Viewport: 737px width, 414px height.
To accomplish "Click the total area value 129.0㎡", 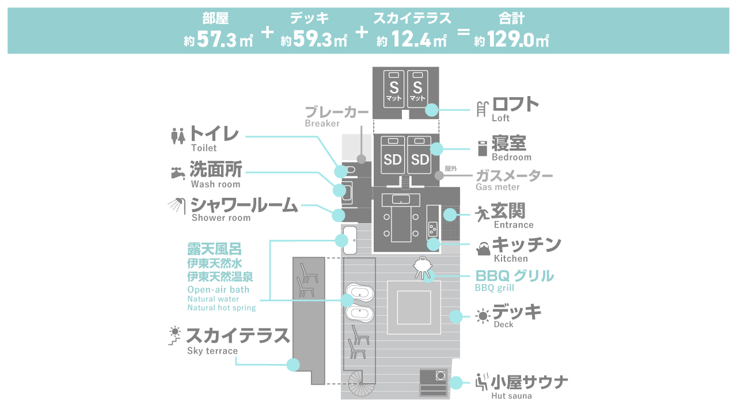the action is [x=517, y=40].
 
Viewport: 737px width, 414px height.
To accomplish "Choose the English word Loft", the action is [x=500, y=118].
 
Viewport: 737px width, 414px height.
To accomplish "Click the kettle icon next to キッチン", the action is [x=483, y=248].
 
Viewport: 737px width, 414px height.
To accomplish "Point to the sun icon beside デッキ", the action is [x=483, y=315].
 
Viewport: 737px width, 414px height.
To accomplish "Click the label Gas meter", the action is [x=497, y=187].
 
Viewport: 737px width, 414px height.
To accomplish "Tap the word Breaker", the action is [x=322, y=124].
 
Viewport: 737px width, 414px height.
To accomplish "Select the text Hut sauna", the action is [x=511, y=396].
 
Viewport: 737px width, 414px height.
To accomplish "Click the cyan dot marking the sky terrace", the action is [x=294, y=365].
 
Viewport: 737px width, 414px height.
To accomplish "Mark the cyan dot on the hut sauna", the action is [x=457, y=382].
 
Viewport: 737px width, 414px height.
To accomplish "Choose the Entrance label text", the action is [x=514, y=225].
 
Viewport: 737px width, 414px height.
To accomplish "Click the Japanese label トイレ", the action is [x=214, y=135].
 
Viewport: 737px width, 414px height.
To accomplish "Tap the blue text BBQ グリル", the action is [x=514, y=276].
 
